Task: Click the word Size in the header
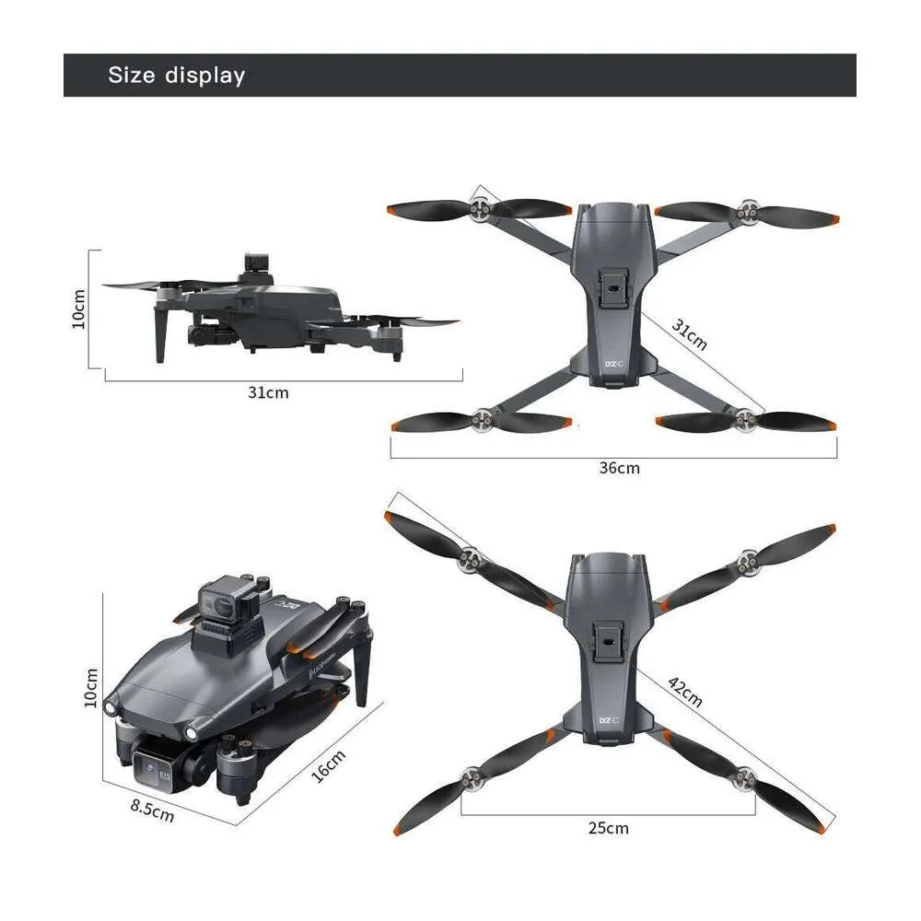point(132,76)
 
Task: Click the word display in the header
point(205,76)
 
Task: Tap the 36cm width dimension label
point(619,468)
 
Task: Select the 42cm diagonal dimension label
point(685,692)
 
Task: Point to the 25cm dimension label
point(609,828)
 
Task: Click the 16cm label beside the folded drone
point(329,766)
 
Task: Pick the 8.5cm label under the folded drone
point(152,810)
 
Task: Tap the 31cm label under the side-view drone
point(268,392)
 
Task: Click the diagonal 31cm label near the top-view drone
point(689,335)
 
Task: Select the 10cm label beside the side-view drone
point(78,309)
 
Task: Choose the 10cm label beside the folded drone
point(91,688)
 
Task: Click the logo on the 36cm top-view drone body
point(613,364)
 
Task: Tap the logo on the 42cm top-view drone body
point(609,721)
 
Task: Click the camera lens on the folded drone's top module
point(223,606)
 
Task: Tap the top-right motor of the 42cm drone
point(749,562)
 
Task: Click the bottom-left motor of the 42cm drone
point(471,778)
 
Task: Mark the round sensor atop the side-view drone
point(257,262)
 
